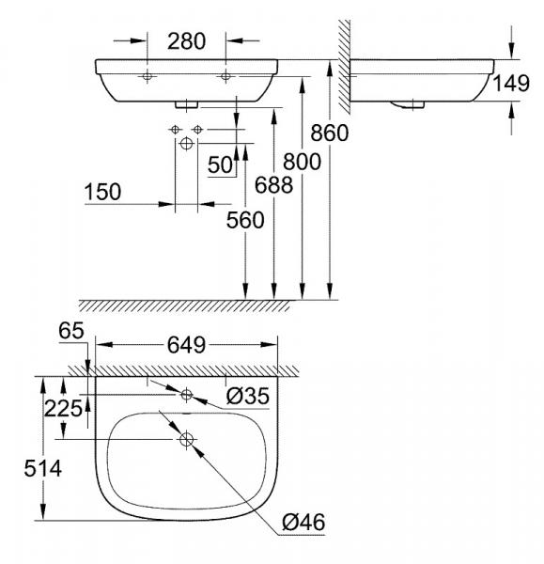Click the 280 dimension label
pos(187,41)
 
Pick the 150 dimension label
pos(102,192)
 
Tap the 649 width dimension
pos(187,346)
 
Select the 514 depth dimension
pos(20,466)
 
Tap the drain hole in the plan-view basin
pos(186,438)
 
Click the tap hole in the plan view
pos(186,395)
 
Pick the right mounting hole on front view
pos(225,76)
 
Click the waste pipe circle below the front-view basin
pos(186,143)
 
